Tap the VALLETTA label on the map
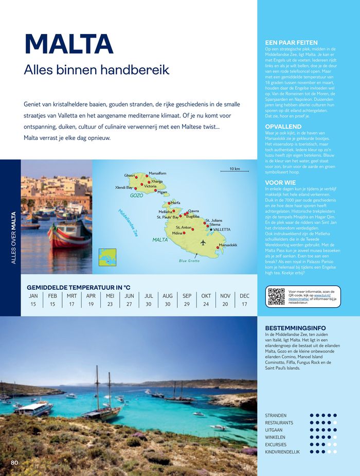point(222,230)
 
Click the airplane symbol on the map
point(203,242)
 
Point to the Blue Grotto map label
point(189,261)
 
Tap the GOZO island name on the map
point(136,196)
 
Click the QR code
point(276,297)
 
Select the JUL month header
point(149,296)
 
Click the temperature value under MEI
point(110,304)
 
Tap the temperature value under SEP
point(187,304)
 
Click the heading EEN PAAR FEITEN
point(291,43)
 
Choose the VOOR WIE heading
point(280,182)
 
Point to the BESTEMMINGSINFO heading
point(295,328)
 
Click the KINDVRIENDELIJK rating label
point(282,452)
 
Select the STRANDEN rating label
point(276,415)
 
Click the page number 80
point(14,463)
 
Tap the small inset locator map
point(107,257)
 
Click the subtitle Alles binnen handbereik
point(97,70)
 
